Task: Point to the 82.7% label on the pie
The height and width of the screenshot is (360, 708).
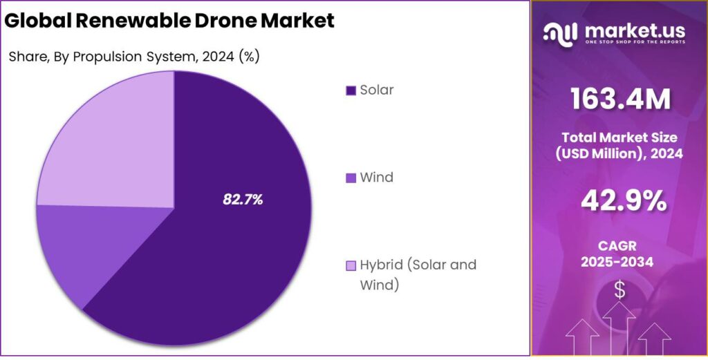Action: pyautogui.click(x=243, y=200)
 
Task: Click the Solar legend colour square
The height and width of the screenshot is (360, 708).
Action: pyautogui.click(x=351, y=91)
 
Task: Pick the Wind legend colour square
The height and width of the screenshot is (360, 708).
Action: pyautogui.click(x=351, y=178)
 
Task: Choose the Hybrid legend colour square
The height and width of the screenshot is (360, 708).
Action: pyautogui.click(x=351, y=265)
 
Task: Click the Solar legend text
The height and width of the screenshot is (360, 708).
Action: pyautogui.click(x=377, y=90)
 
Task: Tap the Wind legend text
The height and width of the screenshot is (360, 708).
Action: pyautogui.click(x=377, y=178)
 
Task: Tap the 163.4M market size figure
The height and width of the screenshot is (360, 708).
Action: pyautogui.click(x=619, y=100)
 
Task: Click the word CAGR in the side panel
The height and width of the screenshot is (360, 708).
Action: pyautogui.click(x=619, y=245)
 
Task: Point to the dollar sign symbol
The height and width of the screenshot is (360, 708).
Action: pyautogui.click(x=619, y=290)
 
